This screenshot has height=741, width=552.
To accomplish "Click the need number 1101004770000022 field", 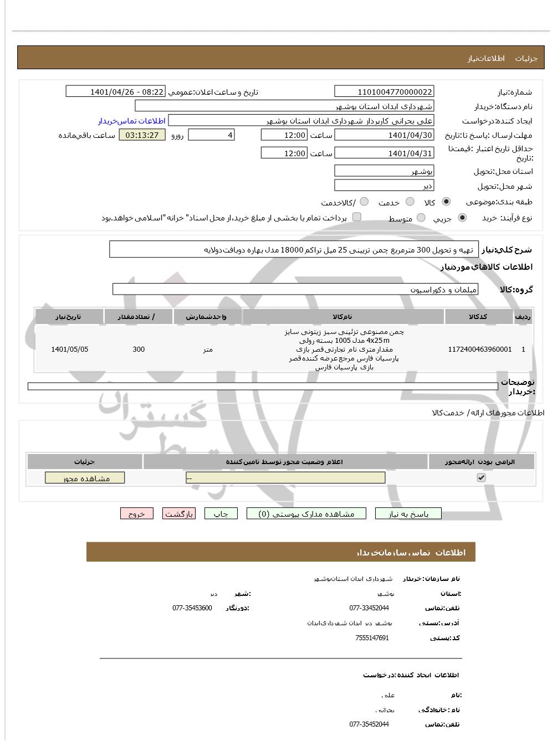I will pyautogui.click(x=384, y=91).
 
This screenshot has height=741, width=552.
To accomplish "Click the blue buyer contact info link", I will pyautogui.click(x=132, y=121).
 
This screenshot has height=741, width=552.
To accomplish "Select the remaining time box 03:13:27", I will pyautogui.click(x=142, y=135).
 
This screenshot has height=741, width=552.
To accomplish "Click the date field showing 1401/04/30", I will pyautogui.click(x=384, y=135).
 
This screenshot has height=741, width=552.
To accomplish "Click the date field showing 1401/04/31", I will pyautogui.click(x=384, y=153).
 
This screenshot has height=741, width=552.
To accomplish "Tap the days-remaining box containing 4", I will pyautogui.click(x=211, y=135).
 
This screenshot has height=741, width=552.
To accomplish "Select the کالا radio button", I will pyautogui.click(x=446, y=202).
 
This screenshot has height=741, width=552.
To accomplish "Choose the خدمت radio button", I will pyautogui.click(x=410, y=202).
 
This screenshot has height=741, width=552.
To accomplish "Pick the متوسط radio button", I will pyautogui.click(x=421, y=218).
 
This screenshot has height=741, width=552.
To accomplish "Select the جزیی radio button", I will pyautogui.click(x=462, y=218).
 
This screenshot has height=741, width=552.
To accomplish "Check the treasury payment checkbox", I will pyautogui.click(x=357, y=217).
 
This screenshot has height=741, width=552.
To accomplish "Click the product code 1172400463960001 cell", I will pyautogui.click(x=479, y=349).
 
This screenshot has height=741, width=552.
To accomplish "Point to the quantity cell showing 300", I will pyautogui.click(x=139, y=349).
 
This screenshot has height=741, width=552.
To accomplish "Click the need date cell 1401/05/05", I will pyautogui.click(x=69, y=349).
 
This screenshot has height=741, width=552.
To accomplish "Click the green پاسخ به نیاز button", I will pyautogui.click(x=408, y=514).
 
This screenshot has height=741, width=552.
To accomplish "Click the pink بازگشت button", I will pyautogui.click(x=179, y=514).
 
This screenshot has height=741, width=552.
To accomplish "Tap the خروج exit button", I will pyautogui.click(x=136, y=514).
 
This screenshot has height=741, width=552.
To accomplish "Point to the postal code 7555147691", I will pyautogui.click(x=372, y=638).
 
